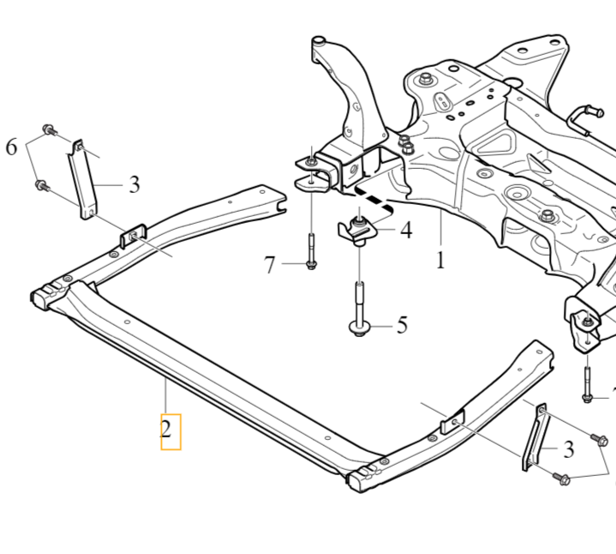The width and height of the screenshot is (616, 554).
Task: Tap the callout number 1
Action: tap(440, 258)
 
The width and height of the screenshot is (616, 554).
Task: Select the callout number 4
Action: tap(405, 230)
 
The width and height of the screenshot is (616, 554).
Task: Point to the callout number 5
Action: tap(401, 326)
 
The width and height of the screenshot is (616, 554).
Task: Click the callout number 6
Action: tap(11, 148)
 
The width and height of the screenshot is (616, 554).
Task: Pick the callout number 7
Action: tap(270, 265)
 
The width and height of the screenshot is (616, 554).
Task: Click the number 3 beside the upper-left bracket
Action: tap(134, 184)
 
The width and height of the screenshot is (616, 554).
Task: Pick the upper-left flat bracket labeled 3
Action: tap(83, 181)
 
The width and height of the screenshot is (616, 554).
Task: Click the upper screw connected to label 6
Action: tap(48, 131)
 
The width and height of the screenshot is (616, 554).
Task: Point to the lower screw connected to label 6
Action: tap(40, 184)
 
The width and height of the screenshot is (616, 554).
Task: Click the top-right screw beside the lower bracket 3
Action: tap(599, 441)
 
